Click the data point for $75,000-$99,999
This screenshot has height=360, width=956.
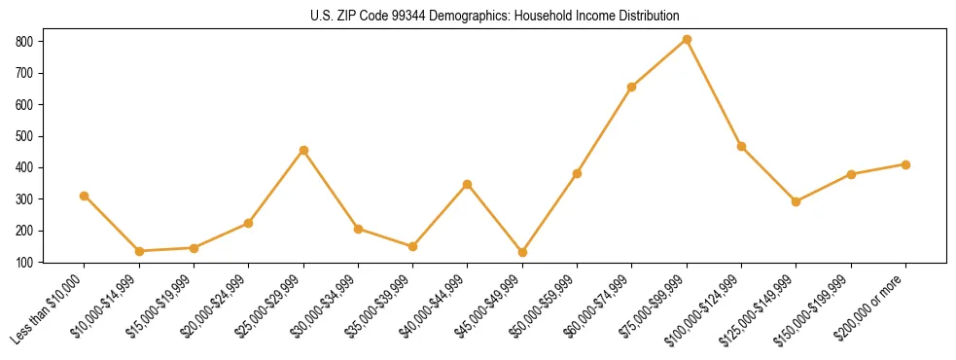click(x=687, y=39)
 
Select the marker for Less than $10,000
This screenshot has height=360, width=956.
click(x=85, y=196)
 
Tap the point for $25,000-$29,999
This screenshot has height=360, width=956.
click(x=303, y=150)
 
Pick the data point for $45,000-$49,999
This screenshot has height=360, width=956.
click(x=522, y=252)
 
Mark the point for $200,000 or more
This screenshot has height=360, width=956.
click(x=905, y=164)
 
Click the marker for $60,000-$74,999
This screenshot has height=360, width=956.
click(x=632, y=87)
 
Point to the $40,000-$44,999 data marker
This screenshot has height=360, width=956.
click(x=468, y=184)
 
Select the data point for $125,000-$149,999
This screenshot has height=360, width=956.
click(x=796, y=201)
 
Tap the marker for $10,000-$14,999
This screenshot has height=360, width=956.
click(x=139, y=251)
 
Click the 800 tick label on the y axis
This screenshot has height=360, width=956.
click(x=24, y=42)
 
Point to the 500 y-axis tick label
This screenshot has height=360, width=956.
click(x=24, y=136)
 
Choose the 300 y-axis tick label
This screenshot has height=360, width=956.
click(x=24, y=199)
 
